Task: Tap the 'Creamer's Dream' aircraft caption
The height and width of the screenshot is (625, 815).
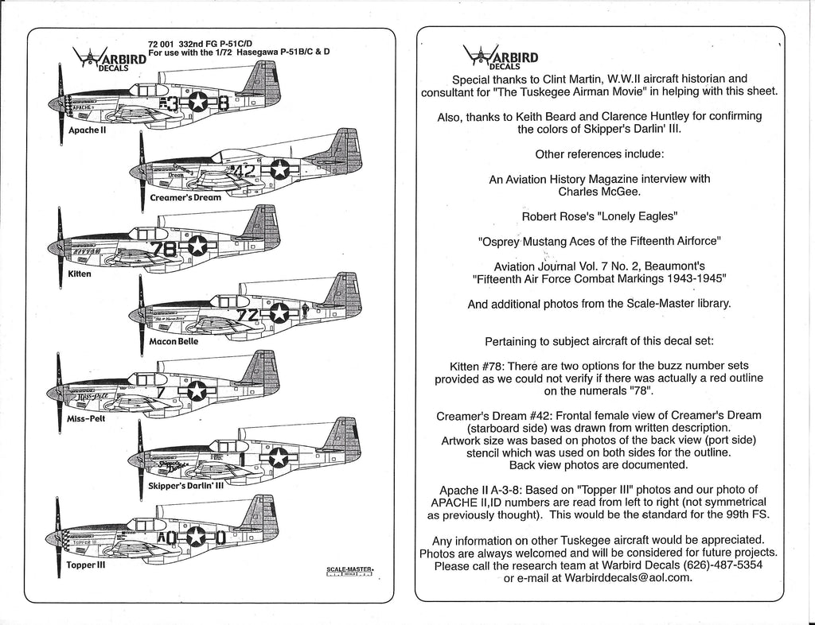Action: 185,197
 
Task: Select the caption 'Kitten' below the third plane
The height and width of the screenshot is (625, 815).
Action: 80,274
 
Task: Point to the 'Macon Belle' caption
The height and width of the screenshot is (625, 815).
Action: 174,341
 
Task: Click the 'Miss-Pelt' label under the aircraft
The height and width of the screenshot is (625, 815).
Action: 87,417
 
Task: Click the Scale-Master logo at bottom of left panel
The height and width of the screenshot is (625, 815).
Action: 350,571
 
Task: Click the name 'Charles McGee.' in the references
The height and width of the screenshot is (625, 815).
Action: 599,192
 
